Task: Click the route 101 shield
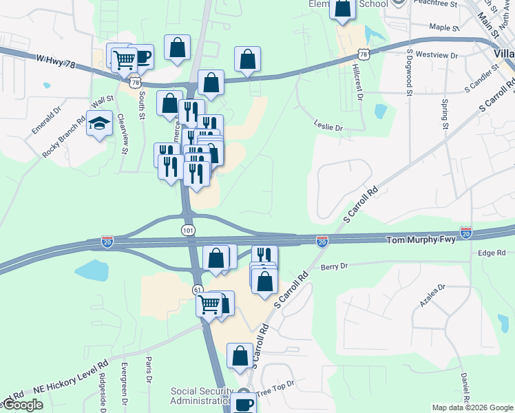pos(189,229)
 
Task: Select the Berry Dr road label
pos(335,266)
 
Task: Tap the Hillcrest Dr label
pos(357,82)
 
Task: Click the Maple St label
pos(444,28)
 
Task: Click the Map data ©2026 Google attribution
pos(472,407)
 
